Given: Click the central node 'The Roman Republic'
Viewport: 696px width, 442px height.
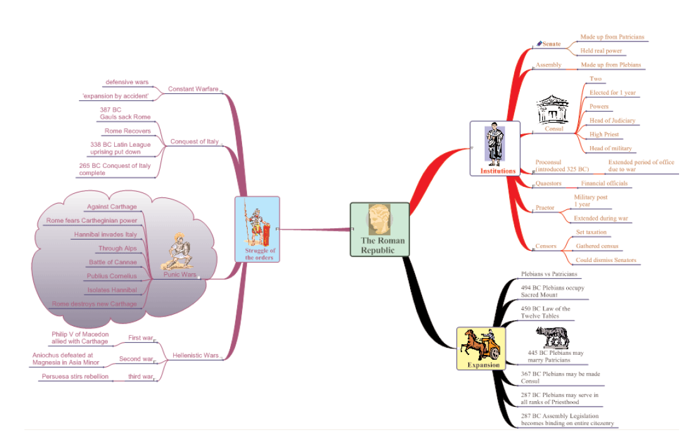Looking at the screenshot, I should [x=379, y=229].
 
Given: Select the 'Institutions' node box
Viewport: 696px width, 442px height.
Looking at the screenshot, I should [x=495, y=149].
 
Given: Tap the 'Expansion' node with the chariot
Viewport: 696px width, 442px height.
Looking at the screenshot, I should [x=481, y=348].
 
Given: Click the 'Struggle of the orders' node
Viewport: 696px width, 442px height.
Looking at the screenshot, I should [x=257, y=229].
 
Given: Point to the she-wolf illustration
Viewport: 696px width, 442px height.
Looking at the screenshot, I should [x=552, y=338].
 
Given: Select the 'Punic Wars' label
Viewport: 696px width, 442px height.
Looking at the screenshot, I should [x=180, y=275].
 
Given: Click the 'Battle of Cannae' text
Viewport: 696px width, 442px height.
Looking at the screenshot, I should [x=113, y=262].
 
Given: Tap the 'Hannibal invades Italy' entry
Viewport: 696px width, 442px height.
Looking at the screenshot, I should [x=105, y=234].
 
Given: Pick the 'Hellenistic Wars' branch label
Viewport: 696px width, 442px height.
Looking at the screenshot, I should [x=196, y=355].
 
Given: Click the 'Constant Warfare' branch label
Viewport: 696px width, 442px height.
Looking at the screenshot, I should [x=193, y=89].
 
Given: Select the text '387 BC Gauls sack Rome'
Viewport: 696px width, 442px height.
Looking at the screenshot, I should [x=125, y=113].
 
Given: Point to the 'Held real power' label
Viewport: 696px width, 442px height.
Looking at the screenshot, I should [x=601, y=51].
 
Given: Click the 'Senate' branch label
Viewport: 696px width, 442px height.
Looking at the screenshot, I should [x=551, y=44].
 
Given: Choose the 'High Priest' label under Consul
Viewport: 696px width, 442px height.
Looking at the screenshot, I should [x=604, y=134].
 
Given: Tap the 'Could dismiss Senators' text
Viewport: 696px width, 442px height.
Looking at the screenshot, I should [x=606, y=260].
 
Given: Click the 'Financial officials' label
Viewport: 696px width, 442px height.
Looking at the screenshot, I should [x=603, y=184].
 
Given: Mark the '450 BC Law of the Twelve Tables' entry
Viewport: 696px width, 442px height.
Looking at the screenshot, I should [x=546, y=312].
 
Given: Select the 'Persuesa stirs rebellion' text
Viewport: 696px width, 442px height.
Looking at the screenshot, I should [x=75, y=376].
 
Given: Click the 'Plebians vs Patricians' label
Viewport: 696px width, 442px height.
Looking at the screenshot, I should [x=549, y=274].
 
